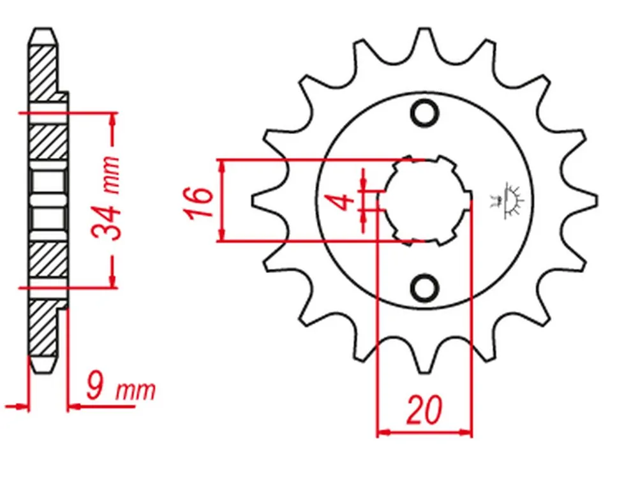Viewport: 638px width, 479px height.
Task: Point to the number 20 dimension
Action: [x=424, y=409]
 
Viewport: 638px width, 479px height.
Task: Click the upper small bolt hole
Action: [x=424, y=113]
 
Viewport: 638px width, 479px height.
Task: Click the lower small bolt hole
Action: [x=424, y=288]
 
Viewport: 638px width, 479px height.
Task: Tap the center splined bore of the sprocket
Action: [x=425, y=200]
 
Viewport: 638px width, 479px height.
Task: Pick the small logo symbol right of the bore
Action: [x=507, y=200]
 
